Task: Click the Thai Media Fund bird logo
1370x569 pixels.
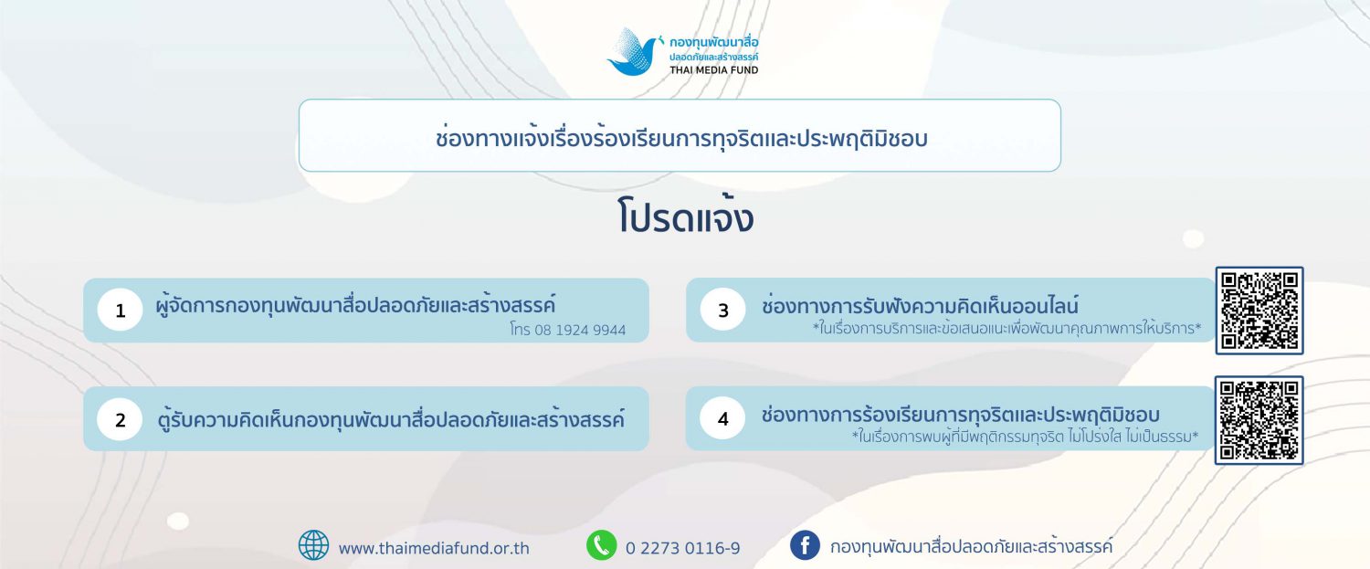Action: tap(634, 52)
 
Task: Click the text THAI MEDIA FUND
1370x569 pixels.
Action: tap(713, 70)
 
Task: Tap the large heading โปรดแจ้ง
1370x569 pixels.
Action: tap(685, 216)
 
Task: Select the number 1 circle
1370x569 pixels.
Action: tap(120, 311)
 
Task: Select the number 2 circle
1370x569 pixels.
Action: tap(120, 419)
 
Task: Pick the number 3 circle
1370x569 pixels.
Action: tap(723, 310)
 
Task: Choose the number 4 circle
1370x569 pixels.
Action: tap(723, 418)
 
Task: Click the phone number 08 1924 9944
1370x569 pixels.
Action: tap(580, 331)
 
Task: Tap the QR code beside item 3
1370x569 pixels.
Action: tap(1259, 311)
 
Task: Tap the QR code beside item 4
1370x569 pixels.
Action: tap(1259, 420)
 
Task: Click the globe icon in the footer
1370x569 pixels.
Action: tap(313, 545)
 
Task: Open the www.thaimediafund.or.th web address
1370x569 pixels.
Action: tap(434, 548)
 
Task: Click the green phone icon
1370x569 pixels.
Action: tap(602, 545)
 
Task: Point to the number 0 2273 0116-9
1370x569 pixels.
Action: tap(682, 548)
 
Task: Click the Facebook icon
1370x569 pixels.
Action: tap(805, 545)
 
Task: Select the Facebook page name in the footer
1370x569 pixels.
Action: tap(971, 546)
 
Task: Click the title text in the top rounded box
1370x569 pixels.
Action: tap(681, 138)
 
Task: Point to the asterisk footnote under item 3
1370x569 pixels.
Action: tap(1006, 329)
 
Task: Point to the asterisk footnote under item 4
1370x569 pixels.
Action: tap(1025, 437)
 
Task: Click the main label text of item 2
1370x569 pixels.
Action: tap(391, 420)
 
